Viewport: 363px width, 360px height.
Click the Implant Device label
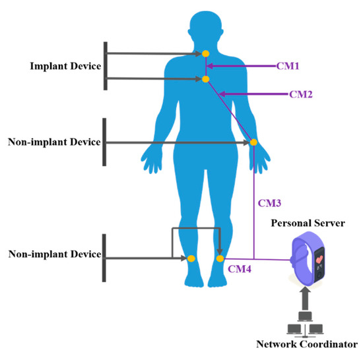[66, 66]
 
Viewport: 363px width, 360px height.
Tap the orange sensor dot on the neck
[206, 53]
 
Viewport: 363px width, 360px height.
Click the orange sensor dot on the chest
[206, 79]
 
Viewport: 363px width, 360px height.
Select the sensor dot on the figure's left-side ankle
[191, 258]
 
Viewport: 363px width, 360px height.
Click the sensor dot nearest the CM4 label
[220, 258]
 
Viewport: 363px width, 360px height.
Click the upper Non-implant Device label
[54, 142]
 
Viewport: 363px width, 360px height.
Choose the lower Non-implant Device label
[54, 255]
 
